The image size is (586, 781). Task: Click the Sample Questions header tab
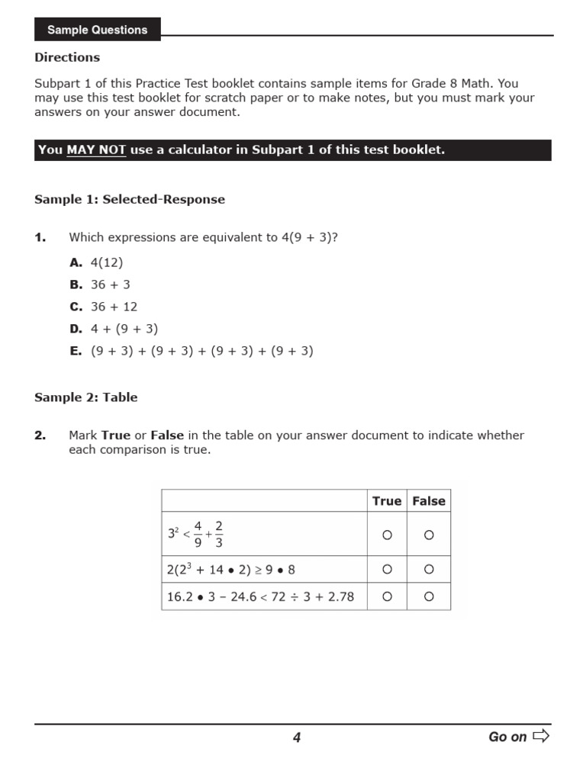click(x=97, y=30)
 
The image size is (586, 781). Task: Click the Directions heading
click(x=67, y=57)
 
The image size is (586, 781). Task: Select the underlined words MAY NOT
click(x=96, y=150)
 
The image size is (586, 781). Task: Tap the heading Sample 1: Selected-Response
click(x=130, y=199)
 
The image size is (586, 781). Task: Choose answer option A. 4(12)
click(x=96, y=262)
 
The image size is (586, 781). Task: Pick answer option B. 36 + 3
click(x=100, y=284)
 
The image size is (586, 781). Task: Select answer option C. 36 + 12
click(x=103, y=307)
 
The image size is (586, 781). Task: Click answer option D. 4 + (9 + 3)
click(x=114, y=329)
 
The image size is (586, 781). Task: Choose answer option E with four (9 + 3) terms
click(x=192, y=352)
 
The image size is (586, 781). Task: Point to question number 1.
click(x=40, y=237)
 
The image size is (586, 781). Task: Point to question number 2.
click(x=40, y=435)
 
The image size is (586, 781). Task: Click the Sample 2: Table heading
click(x=86, y=397)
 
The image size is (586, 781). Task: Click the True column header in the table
click(x=386, y=501)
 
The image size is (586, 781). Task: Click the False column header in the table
click(x=429, y=501)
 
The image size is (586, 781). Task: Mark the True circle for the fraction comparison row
click(x=387, y=535)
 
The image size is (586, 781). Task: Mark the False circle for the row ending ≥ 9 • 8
click(x=429, y=570)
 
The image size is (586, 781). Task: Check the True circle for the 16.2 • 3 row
click(x=387, y=596)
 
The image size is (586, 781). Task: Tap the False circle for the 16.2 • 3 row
click(x=429, y=596)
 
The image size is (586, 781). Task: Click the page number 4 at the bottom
click(x=297, y=738)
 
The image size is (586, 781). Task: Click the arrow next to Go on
click(x=541, y=736)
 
